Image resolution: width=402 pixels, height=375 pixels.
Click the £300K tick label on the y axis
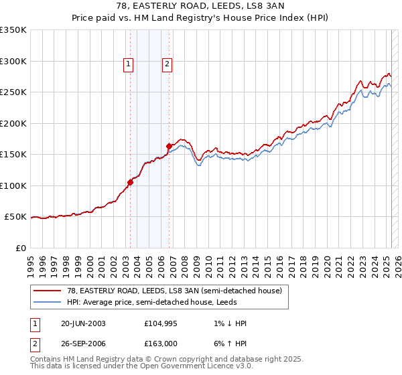(13, 61)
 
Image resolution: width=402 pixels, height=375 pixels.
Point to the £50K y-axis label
(15, 217)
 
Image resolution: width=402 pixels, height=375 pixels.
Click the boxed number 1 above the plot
(128, 64)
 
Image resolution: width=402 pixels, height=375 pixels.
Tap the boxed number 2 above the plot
(166, 64)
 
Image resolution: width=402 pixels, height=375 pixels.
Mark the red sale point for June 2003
(131, 183)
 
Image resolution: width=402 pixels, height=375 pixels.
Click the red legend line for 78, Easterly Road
(48, 291)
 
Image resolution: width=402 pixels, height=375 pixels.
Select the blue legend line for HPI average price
(48, 302)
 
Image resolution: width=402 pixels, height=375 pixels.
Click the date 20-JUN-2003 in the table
(83, 323)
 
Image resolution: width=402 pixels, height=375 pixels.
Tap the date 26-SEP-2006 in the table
(83, 343)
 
